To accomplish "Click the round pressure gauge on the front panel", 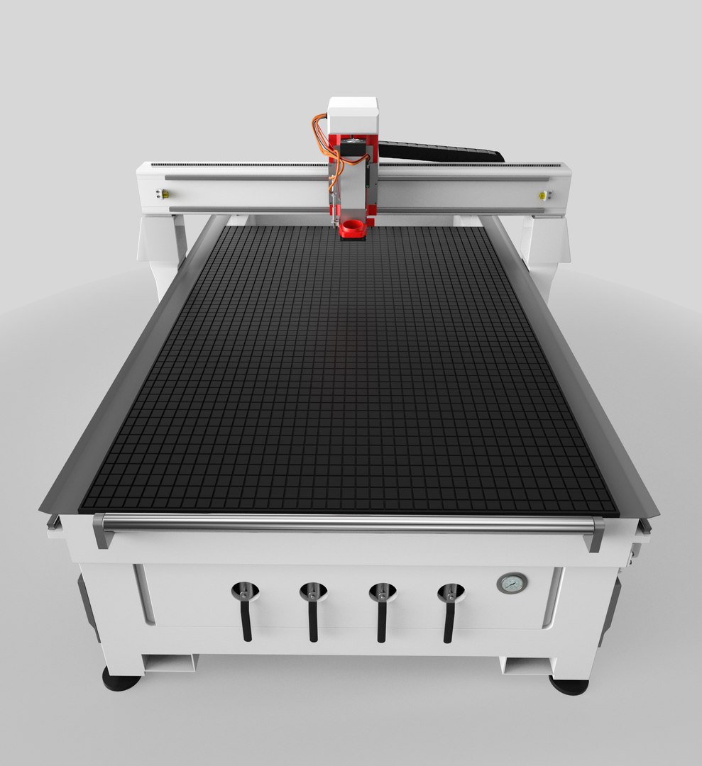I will [512, 583].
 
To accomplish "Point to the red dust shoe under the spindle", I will [352, 229].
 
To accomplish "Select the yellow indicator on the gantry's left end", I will [165, 194].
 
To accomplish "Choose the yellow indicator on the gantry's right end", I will [542, 195].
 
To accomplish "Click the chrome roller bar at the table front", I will [348, 523].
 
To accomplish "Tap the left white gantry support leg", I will [162, 248].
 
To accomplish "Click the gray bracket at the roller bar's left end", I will [102, 531].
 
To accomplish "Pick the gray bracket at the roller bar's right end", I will [596, 533].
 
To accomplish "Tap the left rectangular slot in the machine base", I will [170, 663].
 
